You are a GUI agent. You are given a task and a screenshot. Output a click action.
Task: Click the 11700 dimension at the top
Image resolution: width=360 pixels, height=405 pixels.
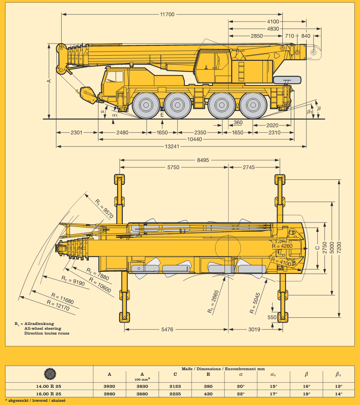point(167,14)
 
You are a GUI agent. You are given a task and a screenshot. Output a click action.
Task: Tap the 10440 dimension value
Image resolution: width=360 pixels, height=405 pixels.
point(195,139)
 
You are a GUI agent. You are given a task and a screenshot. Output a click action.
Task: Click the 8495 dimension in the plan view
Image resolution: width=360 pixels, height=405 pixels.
point(202,160)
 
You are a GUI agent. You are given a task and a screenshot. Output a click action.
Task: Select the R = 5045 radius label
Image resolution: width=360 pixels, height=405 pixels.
point(255,302)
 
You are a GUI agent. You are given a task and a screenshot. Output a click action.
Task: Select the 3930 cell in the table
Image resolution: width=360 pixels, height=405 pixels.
point(109,387)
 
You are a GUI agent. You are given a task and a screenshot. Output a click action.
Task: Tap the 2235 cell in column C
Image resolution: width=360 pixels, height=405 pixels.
point(175,394)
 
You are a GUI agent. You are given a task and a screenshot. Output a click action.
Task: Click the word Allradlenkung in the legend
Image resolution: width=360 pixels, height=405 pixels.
point(39,323)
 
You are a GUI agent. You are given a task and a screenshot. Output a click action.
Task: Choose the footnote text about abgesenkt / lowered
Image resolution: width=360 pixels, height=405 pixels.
point(36,400)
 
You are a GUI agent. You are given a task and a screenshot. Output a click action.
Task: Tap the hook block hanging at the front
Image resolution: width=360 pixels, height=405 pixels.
point(88,95)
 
